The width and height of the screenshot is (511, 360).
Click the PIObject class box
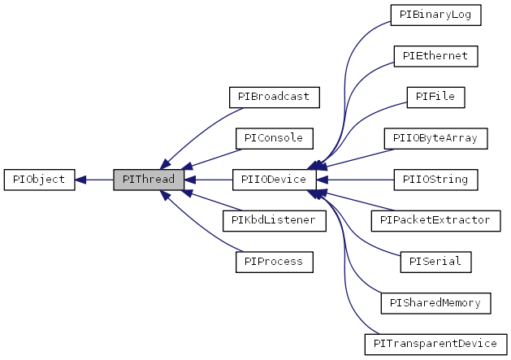39,179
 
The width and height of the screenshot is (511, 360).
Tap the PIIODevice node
274,179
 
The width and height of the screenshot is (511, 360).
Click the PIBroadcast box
274,97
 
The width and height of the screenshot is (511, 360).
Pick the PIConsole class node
274,138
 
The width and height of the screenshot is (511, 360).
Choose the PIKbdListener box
274,220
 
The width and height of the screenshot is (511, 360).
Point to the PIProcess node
274,262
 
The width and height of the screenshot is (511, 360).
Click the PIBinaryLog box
435,15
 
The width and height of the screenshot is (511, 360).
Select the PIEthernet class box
435,56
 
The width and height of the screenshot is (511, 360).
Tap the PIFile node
435,97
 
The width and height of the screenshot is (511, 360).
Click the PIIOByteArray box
435,138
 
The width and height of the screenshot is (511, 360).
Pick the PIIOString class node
435,179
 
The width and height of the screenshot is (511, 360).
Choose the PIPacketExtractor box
435,220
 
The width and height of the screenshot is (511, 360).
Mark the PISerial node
435,262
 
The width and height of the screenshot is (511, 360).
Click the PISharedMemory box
435,302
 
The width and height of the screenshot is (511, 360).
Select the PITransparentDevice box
435,344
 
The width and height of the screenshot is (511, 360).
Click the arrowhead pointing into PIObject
81,179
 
